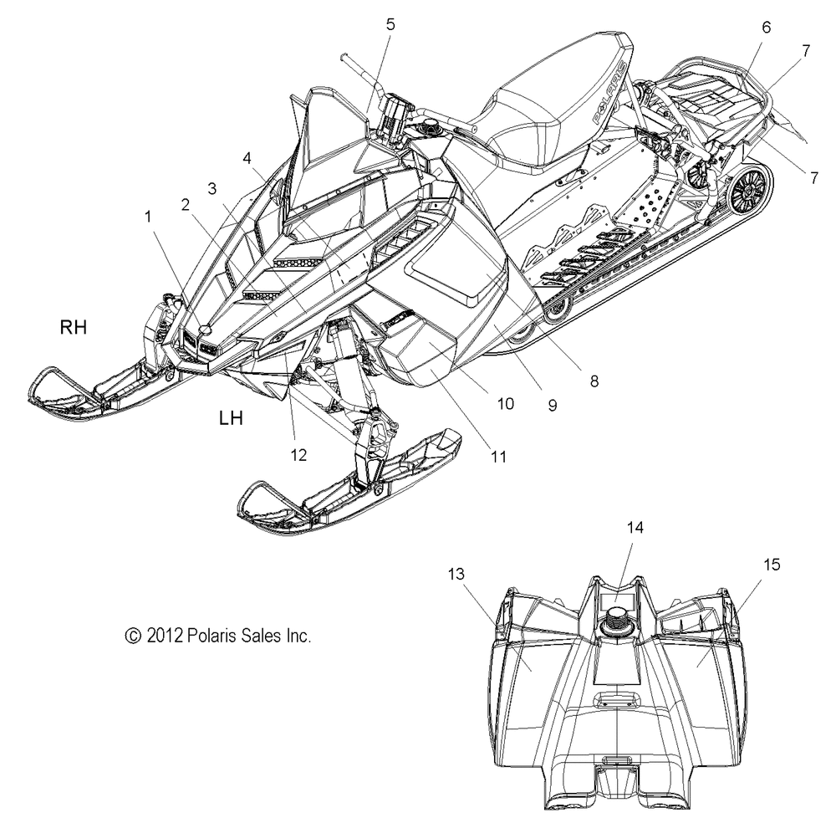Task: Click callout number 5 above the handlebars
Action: (x=390, y=24)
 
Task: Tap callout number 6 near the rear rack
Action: (x=766, y=28)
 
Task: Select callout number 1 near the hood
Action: (x=148, y=217)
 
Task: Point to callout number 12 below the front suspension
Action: (x=298, y=455)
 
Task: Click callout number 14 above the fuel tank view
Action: (x=635, y=528)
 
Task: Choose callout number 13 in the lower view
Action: (x=456, y=574)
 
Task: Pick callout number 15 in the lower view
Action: (x=772, y=565)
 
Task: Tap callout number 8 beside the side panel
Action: (x=594, y=381)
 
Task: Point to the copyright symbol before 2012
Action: (x=133, y=636)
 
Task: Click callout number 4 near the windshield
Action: (x=247, y=158)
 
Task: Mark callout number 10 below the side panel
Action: (x=506, y=404)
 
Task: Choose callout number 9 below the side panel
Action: (x=553, y=406)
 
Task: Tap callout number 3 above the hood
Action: (x=212, y=188)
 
